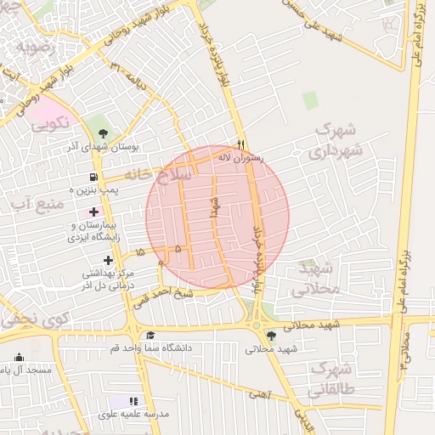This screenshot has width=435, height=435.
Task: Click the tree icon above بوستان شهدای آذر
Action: (x=103, y=133)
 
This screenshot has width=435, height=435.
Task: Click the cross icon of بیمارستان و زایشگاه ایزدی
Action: (x=93, y=210)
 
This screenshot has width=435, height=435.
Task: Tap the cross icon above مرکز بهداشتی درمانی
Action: (x=108, y=260)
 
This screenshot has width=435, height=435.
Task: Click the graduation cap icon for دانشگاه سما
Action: (x=150, y=335)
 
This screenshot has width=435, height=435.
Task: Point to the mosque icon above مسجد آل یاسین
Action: (x=19, y=357)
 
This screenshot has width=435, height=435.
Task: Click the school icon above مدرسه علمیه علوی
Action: (x=133, y=401)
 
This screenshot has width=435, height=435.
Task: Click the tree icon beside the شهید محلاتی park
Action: (x=271, y=336)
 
